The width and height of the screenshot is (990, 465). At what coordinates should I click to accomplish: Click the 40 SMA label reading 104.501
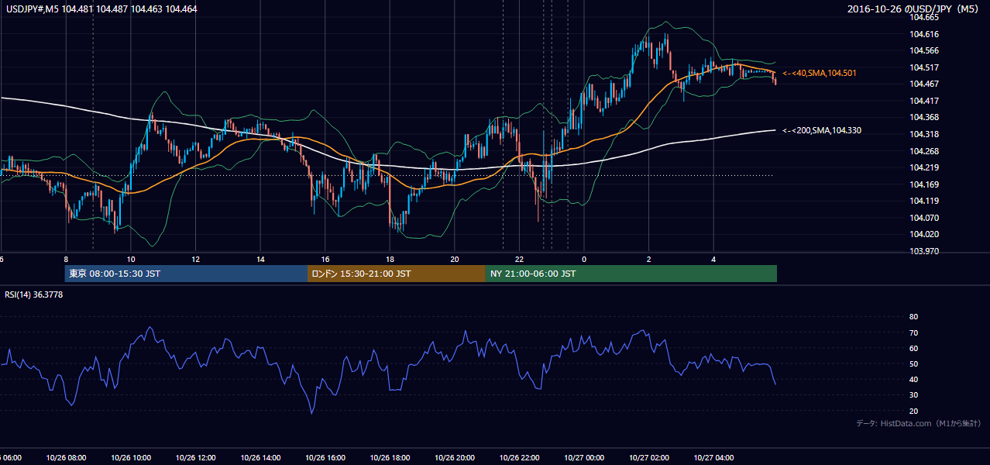tap(820, 73)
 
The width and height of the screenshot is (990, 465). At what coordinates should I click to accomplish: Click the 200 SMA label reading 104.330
tap(822, 130)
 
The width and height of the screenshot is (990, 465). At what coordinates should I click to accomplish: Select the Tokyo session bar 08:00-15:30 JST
tap(186, 274)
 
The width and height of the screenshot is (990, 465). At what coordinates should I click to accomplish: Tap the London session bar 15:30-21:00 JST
tap(397, 274)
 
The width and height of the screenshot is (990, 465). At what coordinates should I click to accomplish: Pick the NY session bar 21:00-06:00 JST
tap(631, 274)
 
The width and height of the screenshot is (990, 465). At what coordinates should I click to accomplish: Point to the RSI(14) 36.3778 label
tap(33, 294)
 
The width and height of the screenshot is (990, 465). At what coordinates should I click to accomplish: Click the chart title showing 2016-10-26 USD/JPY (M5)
tap(913, 9)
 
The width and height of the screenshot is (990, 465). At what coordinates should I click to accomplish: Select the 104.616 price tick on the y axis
tap(923, 34)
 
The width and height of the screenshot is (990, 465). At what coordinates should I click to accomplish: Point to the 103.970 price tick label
tap(923, 251)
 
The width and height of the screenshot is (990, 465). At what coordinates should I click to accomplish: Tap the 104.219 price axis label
tap(923, 167)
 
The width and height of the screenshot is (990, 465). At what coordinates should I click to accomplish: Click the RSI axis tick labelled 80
tap(913, 316)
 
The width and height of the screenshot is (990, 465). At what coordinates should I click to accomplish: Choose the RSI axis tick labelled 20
tap(913, 411)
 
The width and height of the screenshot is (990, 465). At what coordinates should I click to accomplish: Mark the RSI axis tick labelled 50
tap(913, 363)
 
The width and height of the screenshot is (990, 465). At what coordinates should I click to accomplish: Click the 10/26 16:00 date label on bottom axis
tap(325, 458)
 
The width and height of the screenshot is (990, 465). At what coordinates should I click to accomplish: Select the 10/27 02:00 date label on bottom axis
tap(649, 458)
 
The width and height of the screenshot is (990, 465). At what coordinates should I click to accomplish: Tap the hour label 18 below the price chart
tap(390, 260)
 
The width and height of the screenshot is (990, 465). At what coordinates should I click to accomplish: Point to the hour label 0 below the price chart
tap(584, 260)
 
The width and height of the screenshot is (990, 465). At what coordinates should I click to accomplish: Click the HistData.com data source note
tap(919, 423)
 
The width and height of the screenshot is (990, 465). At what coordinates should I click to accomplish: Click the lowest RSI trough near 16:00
tap(311, 413)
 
